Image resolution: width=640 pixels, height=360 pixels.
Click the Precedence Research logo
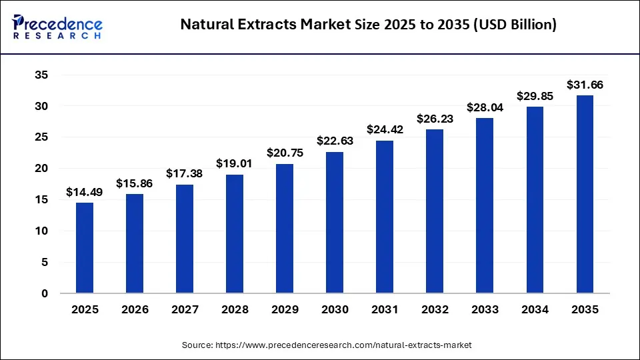click(57, 26)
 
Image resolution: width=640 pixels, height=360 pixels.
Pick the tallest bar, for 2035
click(585, 194)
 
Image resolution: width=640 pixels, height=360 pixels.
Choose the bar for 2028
click(235, 234)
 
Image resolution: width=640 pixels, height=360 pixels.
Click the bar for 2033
click(485, 205)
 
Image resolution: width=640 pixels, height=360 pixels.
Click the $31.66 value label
click(585, 85)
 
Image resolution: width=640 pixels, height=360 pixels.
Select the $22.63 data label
click(335, 141)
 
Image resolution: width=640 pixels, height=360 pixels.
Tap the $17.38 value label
click(185, 173)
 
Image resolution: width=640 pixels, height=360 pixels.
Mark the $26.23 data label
click(435, 119)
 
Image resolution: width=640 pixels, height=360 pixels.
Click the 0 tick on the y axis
click(44, 293)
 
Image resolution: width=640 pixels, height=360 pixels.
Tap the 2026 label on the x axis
click(135, 310)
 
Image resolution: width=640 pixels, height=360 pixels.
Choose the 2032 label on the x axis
click(435, 310)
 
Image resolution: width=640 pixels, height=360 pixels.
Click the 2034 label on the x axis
click(535, 310)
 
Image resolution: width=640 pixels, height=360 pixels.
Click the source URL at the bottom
click(327, 345)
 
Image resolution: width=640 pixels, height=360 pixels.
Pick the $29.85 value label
click(535, 96)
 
